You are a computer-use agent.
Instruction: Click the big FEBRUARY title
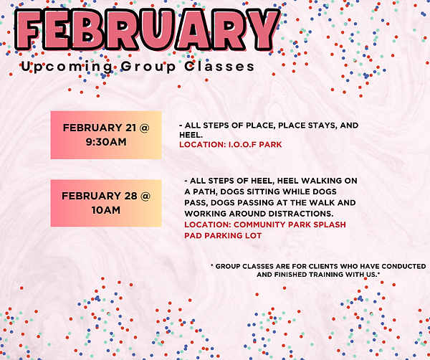click(146, 29)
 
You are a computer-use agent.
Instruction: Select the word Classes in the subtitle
click(223, 67)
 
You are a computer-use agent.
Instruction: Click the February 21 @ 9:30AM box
click(106, 135)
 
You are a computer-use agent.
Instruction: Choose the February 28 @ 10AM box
click(106, 203)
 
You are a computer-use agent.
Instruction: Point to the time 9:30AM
click(106, 142)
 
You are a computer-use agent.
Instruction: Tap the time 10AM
click(106, 210)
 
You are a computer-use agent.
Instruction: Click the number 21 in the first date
click(130, 128)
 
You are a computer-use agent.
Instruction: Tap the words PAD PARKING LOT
click(223, 235)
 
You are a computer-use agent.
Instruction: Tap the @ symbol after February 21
click(145, 128)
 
